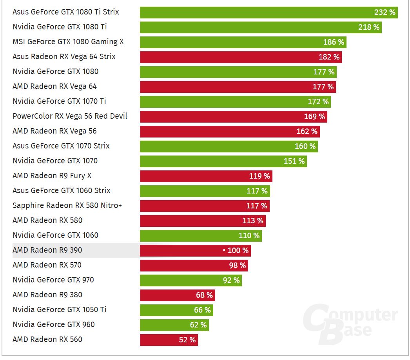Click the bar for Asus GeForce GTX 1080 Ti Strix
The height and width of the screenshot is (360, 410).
pyautogui.click(x=268, y=12)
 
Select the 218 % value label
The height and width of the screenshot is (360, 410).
pyautogui.click(x=369, y=27)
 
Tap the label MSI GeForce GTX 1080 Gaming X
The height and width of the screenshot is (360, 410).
pyautogui.click(x=71, y=42)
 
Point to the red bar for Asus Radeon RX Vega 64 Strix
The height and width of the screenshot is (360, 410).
pyautogui.click(x=241, y=57)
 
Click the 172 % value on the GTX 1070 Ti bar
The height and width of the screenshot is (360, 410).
pyautogui.click(x=318, y=101)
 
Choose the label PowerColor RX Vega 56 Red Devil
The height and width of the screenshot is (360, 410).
pyautogui.click(x=70, y=116)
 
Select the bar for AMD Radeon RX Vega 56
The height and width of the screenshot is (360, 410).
pyautogui.click(x=230, y=131)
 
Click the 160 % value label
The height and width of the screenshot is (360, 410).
pyautogui.click(x=305, y=146)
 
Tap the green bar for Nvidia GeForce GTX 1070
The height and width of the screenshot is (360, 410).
pyautogui.click(x=223, y=161)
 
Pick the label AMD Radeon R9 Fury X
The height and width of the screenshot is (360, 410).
pyautogui.click(x=52, y=176)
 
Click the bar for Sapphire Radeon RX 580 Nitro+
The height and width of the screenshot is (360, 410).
pyautogui.click(x=205, y=206)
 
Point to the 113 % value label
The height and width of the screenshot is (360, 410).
pyautogui.click(x=253, y=221)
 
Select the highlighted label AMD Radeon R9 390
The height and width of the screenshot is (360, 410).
pyautogui.click(x=47, y=250)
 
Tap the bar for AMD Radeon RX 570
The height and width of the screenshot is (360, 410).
pyautogui.click(x=194, y=265)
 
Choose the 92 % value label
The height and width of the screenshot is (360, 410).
pyautogui.click(x=231, y=280)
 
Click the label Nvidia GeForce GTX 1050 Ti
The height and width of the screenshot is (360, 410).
pyautogui.click(x=59, y=310)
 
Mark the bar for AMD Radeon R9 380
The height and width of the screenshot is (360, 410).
pyautogui.click(x=177, y=295)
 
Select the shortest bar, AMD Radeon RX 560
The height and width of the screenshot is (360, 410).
pyautogui.click(x=169, y=340)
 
